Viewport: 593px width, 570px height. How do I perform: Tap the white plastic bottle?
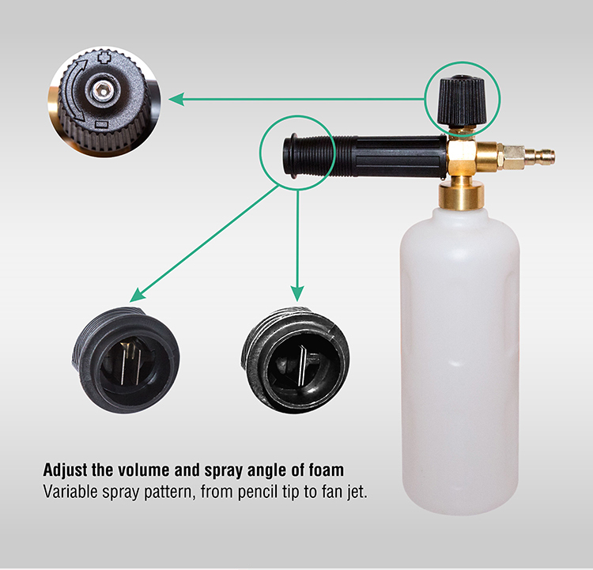pos(460,360)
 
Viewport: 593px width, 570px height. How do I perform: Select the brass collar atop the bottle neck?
pos(462,195)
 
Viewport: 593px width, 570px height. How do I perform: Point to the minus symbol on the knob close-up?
pos(102,124)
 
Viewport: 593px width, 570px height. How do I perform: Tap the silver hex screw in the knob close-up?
pos(103,91)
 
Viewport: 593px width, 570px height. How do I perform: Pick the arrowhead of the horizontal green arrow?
pos(176,99)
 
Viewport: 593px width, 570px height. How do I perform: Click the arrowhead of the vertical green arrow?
pos(297,294)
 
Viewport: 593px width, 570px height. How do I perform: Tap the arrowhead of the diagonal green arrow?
pos(136,295)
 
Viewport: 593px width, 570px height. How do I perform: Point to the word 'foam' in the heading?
pos(326,470)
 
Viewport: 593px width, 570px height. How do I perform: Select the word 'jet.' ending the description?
pos(357,493)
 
